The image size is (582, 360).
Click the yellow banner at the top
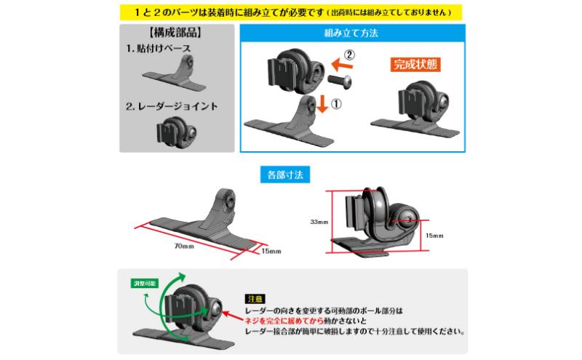290,12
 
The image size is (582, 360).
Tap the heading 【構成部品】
175,32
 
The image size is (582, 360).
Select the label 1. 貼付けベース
158,48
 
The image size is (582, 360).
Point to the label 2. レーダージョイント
172,106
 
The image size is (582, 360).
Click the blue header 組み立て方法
351,33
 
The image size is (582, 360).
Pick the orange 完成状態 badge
415,64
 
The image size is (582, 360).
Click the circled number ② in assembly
349,55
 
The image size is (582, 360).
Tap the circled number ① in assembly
336,103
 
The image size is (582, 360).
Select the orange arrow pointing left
342,65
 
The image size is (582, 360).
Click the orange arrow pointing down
322,103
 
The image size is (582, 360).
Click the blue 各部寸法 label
285,175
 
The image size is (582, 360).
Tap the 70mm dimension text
184,246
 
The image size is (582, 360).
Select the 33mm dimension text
319,222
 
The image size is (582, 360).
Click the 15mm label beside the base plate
271,251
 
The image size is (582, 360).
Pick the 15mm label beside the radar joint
434,236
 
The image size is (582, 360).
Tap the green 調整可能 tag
145,284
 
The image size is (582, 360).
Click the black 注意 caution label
255,299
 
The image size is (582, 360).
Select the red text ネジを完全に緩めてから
284,321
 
